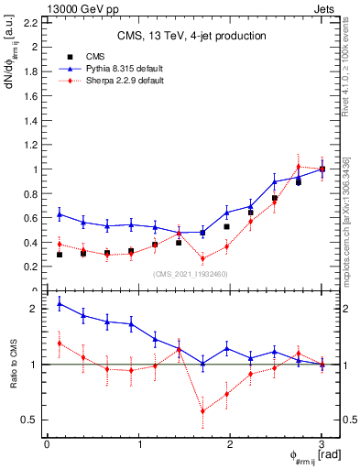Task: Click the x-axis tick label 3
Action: (x=322, y=445)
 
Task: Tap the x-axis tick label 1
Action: (x=138, y=445)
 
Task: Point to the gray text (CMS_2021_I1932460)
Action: (x=184, y=274)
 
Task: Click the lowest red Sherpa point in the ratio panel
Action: (x=202, y=411)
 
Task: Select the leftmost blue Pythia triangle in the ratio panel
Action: (x=60, y=303)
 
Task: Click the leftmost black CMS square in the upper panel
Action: (x=60, y=255)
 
